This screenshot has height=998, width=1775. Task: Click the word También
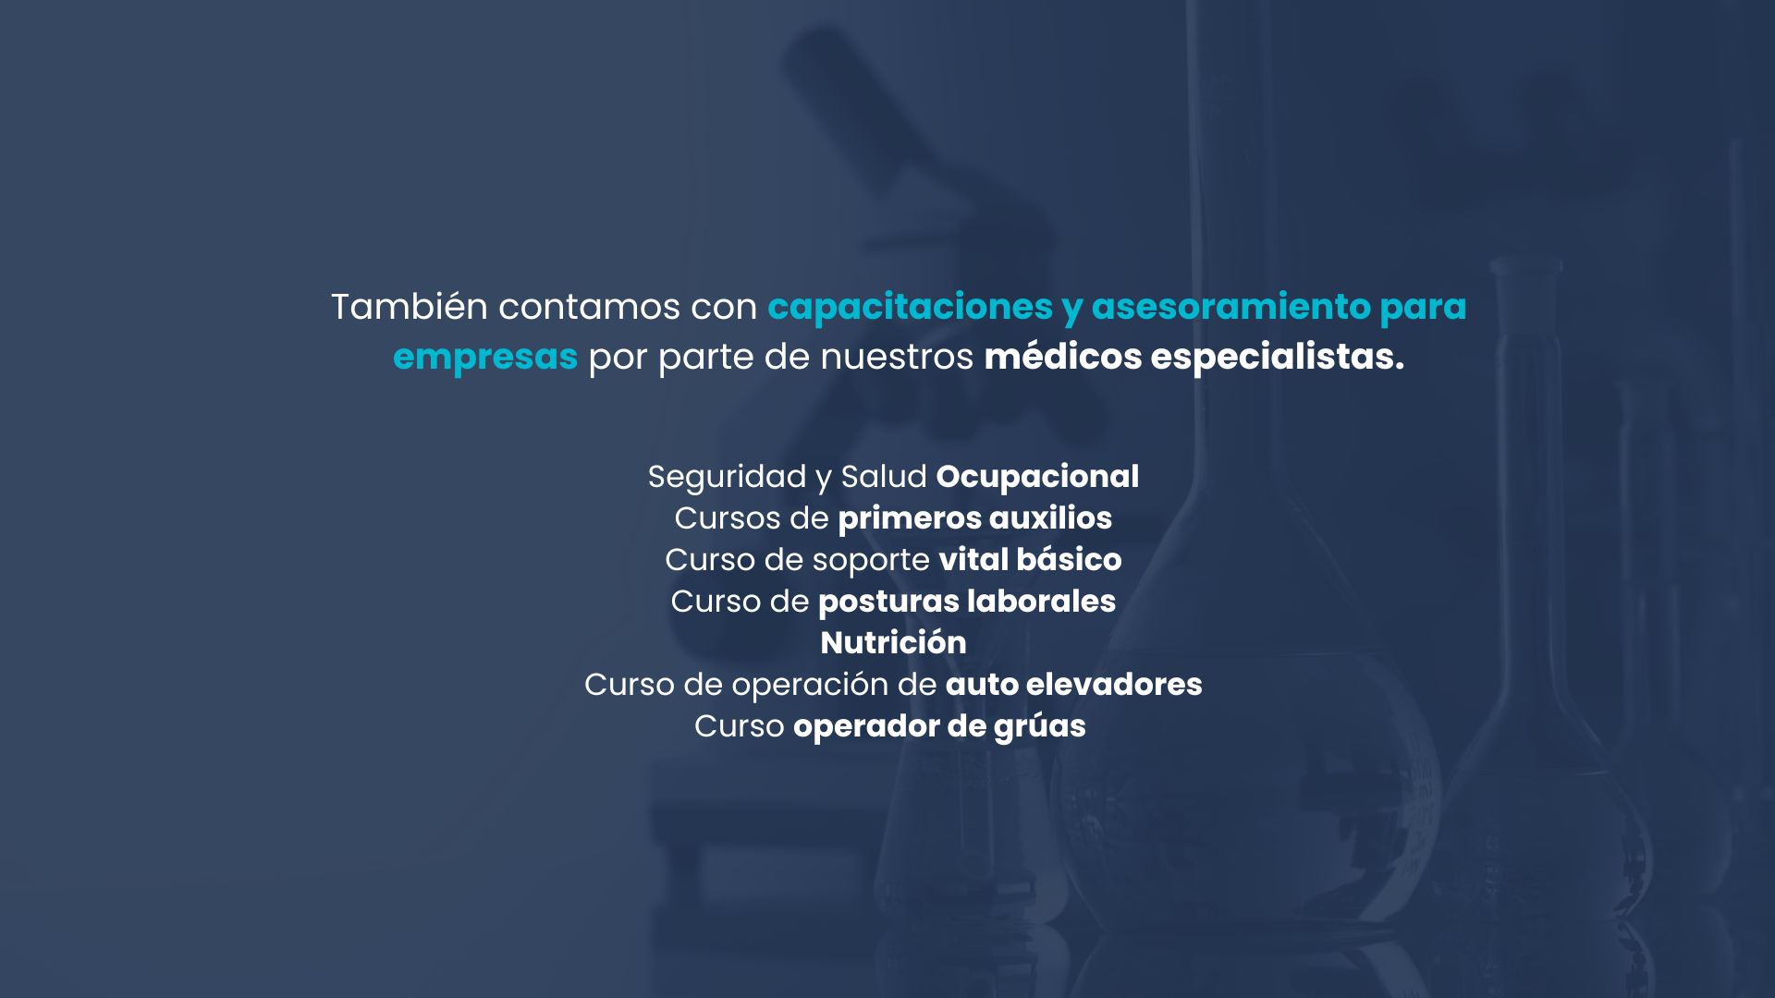tap(409, 307)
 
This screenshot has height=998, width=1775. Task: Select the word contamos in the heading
tap(589, 308)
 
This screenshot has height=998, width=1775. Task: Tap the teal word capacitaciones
tap(910, 308)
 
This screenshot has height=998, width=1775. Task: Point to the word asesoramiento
tap(1230, 307)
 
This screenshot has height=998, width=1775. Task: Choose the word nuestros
tap(897, 358)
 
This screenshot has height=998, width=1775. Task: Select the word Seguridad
tap(727, 478)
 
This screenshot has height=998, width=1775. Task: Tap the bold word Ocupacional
tap(1037, 478)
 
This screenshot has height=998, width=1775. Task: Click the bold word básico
tap(1069, 560)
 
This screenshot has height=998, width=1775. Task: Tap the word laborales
tap(1042, 602)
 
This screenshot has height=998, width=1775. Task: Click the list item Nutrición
tap(893, 643)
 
